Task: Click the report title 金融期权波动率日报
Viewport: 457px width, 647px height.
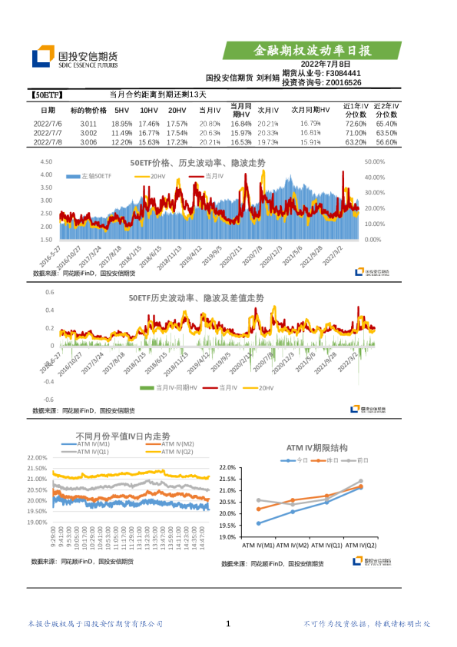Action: [313, 51]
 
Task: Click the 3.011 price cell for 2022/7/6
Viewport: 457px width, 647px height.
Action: [88, 124]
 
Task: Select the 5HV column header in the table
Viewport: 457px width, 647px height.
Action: [121, 111]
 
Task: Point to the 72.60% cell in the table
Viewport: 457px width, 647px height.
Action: [355, 124]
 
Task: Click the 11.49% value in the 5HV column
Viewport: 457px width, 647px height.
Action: [122, 133]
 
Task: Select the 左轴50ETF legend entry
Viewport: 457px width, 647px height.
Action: [91, 177]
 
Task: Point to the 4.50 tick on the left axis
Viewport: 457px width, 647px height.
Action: [45, 161]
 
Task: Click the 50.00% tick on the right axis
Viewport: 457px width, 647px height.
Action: [373, 161]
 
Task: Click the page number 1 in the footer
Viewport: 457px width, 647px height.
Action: [228, 624]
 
